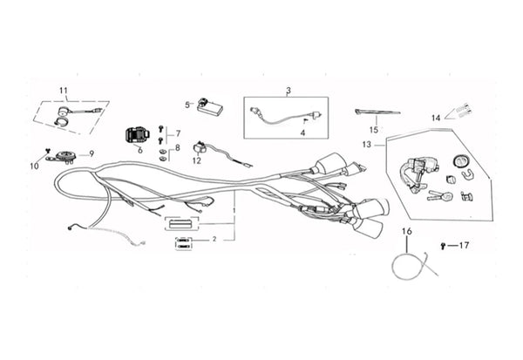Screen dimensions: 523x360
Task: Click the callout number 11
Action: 64,91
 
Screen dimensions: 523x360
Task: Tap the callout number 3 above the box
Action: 289,90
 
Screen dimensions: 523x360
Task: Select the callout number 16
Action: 407,231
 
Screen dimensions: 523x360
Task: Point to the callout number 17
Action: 464,245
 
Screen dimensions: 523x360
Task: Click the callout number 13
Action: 367,145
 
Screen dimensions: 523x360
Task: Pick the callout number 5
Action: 187,105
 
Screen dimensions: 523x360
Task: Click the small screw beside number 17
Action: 443,246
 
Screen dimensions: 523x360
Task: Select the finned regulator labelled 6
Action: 137,135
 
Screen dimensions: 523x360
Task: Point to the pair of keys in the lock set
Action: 439,195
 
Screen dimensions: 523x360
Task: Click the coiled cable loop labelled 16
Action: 413,266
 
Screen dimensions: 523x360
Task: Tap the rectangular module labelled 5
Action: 210,106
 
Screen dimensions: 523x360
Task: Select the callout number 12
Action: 197,160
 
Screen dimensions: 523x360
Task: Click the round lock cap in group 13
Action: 461,161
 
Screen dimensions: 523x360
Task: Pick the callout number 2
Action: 214,239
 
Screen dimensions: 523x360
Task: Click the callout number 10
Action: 34,166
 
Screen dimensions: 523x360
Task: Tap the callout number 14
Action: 436,118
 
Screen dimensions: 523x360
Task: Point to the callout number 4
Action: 302,132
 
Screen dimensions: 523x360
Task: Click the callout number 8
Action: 177,147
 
